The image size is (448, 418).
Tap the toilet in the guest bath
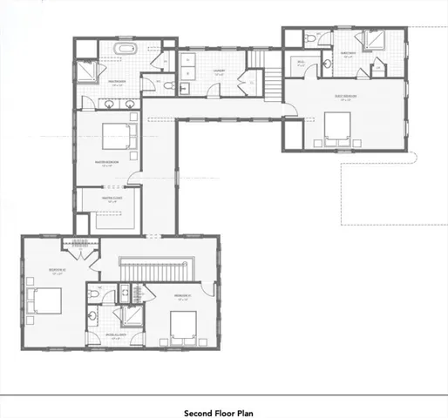313,39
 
